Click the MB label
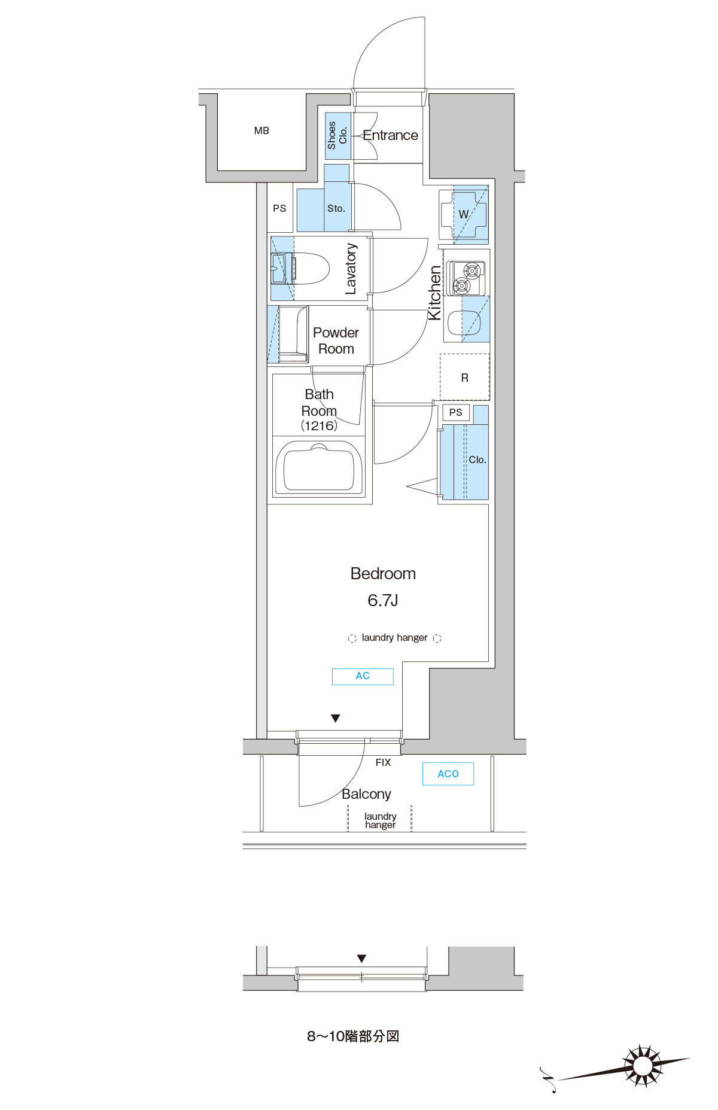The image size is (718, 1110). tap(261, 130)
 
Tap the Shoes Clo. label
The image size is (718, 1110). tap(337, 136)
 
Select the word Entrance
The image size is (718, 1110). tap(390, 135)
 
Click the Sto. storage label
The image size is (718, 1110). tap(336, 208)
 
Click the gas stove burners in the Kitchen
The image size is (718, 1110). tap(468, 278)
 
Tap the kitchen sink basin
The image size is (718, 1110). tap(464, 323)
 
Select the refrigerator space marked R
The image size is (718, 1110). tap(465, 378)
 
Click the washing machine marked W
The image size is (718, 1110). tap(464, 214)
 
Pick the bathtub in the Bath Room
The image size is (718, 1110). tap(319, 469)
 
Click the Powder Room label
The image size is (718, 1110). tap(336, 340)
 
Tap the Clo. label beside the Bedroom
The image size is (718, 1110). tap(477, 460)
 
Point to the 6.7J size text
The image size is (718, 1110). tap(383, 600)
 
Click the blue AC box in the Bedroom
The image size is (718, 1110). tap(363, 676)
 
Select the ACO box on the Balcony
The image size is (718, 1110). tap(448, 774)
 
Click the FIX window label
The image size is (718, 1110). tap(383, 762)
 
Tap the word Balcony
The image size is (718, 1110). tap(366, 794)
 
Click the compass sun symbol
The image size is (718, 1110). tap(643, 1066)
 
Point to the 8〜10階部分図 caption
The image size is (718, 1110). tap(353, 1036)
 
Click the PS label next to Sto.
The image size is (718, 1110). tap(279, 208)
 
